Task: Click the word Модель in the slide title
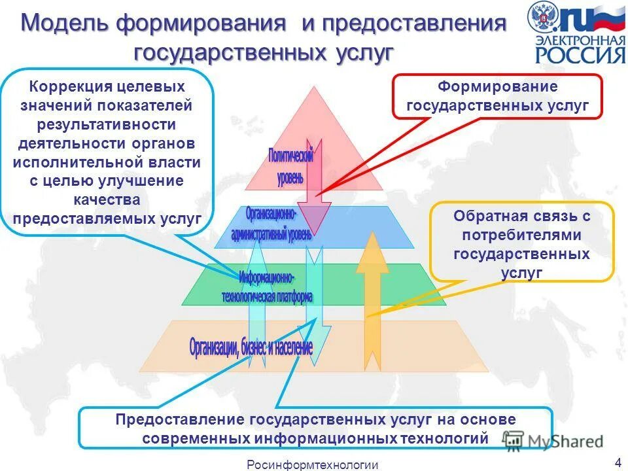click(x=64, y=24)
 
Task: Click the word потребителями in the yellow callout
click(x=522, y=235)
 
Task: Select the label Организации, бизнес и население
click(x=251, y=347)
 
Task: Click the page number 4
click(x=617, y=462)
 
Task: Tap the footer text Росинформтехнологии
click(x=312, y=464)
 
